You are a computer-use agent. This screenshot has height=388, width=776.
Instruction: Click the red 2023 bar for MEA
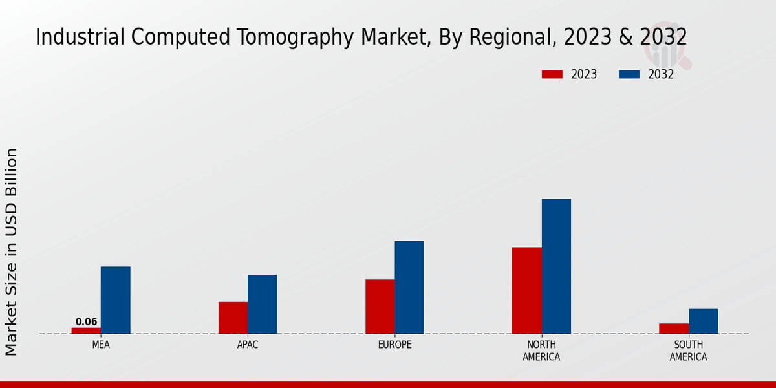[86, 330]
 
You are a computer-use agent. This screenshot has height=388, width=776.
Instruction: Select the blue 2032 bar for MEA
[115, 300]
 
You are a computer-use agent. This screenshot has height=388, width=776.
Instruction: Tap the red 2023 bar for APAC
[233, 318]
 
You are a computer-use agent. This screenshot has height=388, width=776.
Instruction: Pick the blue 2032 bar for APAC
[262, 304]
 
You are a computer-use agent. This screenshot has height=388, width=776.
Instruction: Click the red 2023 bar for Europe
[380, 307]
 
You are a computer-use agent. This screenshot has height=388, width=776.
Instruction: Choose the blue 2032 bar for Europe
[409, 287]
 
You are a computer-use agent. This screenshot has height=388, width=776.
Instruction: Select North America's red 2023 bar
[526, 290]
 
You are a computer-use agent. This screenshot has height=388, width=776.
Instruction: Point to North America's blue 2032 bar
[556, 266]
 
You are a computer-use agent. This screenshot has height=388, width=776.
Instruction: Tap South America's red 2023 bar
[673, 329]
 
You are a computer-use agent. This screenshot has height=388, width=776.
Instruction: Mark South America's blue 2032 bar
[703, 321]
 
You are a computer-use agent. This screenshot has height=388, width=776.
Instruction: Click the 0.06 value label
[86, 322]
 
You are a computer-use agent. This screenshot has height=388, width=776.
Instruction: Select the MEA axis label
[101, 345]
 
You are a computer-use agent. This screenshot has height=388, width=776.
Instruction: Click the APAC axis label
[248, 345]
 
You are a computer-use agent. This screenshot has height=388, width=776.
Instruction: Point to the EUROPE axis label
[394, 345]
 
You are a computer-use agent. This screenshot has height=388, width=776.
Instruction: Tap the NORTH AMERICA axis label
[541, 351]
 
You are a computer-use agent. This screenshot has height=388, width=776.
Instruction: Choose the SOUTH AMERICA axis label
[688, 351]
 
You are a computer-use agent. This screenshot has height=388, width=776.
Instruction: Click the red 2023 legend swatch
[552, 74]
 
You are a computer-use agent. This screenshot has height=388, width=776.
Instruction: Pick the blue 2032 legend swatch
[629, 74]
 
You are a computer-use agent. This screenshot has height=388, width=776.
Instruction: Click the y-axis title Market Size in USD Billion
[12, 252]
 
